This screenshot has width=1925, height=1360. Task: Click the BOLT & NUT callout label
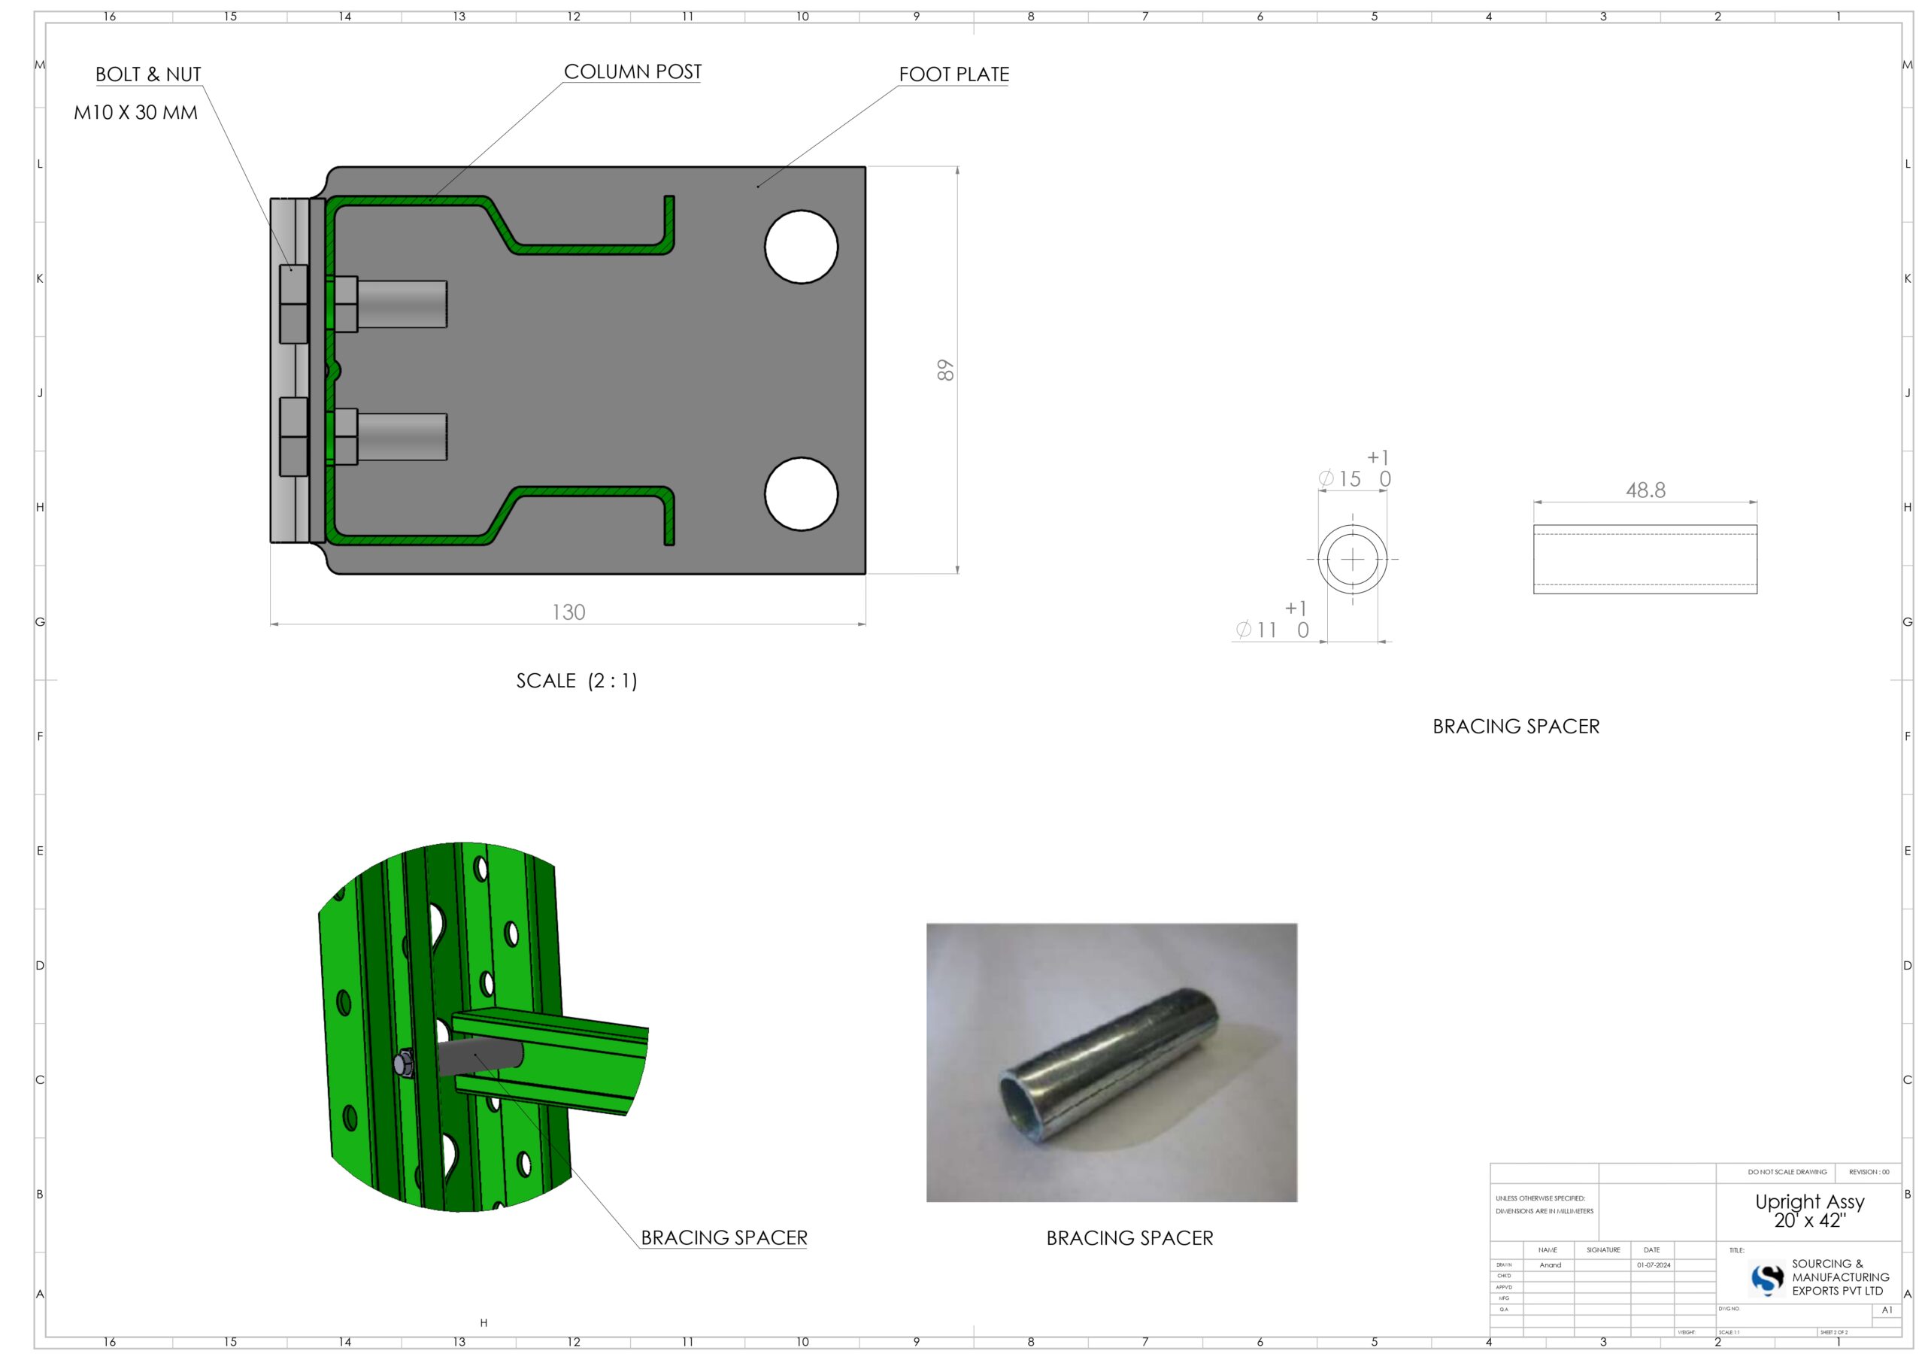coord(148,74)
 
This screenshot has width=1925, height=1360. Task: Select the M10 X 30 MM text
coord(136,112)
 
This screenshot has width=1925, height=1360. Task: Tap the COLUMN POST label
coord(632,72)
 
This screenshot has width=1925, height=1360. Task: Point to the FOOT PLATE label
coord(953,74)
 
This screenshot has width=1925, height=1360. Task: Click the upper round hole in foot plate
coord(801,247)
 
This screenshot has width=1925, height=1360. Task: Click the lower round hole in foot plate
coord(801,494)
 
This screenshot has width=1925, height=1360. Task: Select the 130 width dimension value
coord(568,612)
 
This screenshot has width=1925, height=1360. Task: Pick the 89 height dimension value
coord(945,370)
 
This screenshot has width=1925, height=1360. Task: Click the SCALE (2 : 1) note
coord(577,681)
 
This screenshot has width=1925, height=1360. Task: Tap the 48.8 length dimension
coord(1645,490)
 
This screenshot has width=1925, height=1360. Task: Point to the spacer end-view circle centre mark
coord(1352,559)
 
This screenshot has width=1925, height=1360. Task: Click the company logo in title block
coord(1767,1279)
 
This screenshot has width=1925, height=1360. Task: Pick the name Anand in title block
coord(1551,1265)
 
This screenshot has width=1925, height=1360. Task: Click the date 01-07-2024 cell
coord(1654,1265)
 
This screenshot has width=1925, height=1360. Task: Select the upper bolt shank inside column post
coord(402,305)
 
